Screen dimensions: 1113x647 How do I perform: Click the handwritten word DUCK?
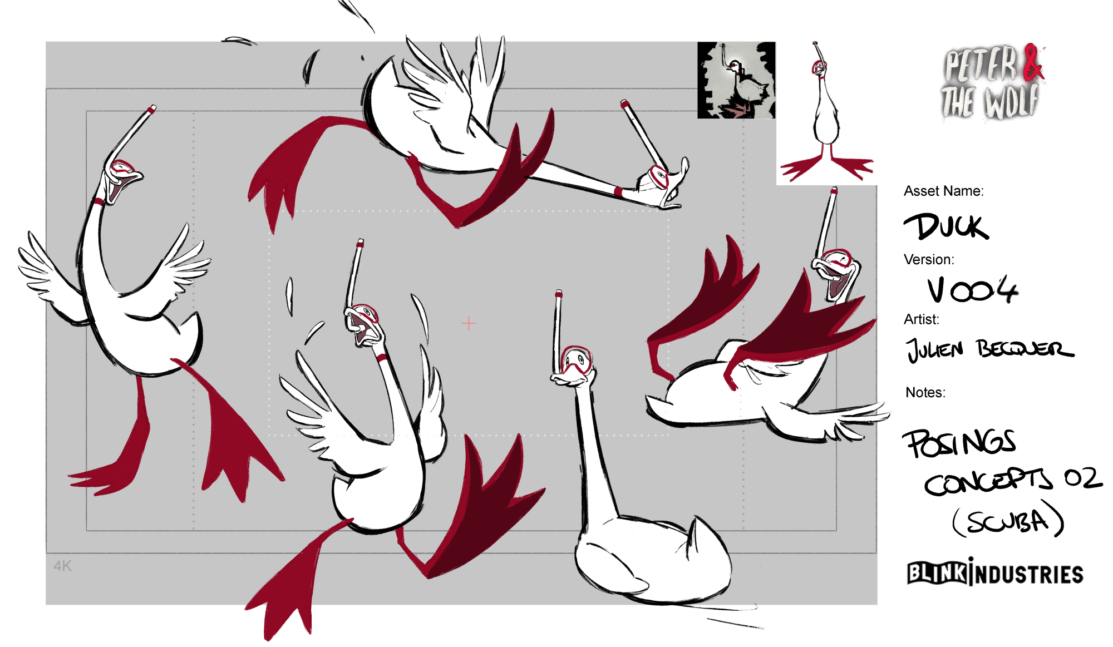coord(946,226)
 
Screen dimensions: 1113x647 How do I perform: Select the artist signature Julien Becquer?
coord(989,349)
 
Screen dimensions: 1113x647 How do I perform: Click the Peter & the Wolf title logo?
coord(992,82)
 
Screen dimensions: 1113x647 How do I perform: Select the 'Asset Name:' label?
coord(943,191)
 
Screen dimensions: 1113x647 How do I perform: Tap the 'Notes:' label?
coord(925,392)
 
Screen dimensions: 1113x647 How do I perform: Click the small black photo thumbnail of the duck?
coord(736,80)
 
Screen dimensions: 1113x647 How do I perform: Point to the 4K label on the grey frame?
coord(62,566)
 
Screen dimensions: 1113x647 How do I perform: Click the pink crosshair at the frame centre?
coord(469,323)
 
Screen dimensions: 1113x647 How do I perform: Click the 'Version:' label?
coord(929,259)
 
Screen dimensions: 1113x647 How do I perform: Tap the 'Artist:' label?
coord(921,319)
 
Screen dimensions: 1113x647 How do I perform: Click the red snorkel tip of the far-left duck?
coord(151,109)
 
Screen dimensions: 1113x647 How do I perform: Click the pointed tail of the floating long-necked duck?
coord(696,531)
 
